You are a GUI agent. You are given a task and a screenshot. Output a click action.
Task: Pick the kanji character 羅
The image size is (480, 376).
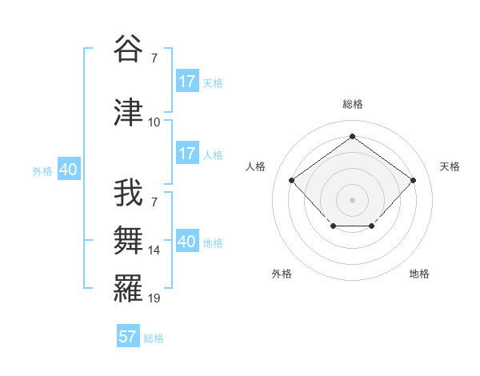pyautogui.click(x=129, y=287)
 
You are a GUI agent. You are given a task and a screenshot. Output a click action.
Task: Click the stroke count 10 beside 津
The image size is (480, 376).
pyautogui.click(x=154, y=122)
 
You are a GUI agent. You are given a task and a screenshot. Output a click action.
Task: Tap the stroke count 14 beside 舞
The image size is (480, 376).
pyautogui.click(x=154, y=250)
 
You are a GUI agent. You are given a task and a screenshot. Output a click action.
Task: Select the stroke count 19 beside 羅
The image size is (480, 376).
pyautogui.click(x=154, y=298)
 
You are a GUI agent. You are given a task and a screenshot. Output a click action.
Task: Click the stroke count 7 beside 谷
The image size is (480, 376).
pyautogui.click(x=154, y=58)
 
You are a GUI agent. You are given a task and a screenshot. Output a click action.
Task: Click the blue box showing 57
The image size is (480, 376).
pyautogui.click(x=128, y=337)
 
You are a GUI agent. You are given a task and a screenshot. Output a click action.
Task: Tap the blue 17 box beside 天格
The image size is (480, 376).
pyautogui.click(x=187, y=82)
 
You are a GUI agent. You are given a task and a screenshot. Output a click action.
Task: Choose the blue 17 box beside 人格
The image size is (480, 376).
pyautogui.click(x=187, y=154)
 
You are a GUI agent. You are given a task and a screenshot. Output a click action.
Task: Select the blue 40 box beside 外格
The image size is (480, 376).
pyautogui.click(x=68, y=170)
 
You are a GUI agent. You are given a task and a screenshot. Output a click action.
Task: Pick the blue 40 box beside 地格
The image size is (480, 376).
pyautogui.click(x=187, y=242)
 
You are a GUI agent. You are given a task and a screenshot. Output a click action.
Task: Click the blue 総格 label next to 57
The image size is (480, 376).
pyautogui.click(x=154, y=338)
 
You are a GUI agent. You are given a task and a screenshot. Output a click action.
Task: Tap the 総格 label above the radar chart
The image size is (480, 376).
pyautogui.click(x=352, y=104)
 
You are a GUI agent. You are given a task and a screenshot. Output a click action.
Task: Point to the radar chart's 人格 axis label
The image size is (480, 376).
pyautogui.click(x=256, y=166)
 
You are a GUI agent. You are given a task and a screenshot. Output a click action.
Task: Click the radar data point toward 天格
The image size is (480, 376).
pyautogui.click(x=413, y=180)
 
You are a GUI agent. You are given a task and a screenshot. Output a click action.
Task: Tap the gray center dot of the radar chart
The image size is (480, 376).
pyautogui.click(x=352, y=199)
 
